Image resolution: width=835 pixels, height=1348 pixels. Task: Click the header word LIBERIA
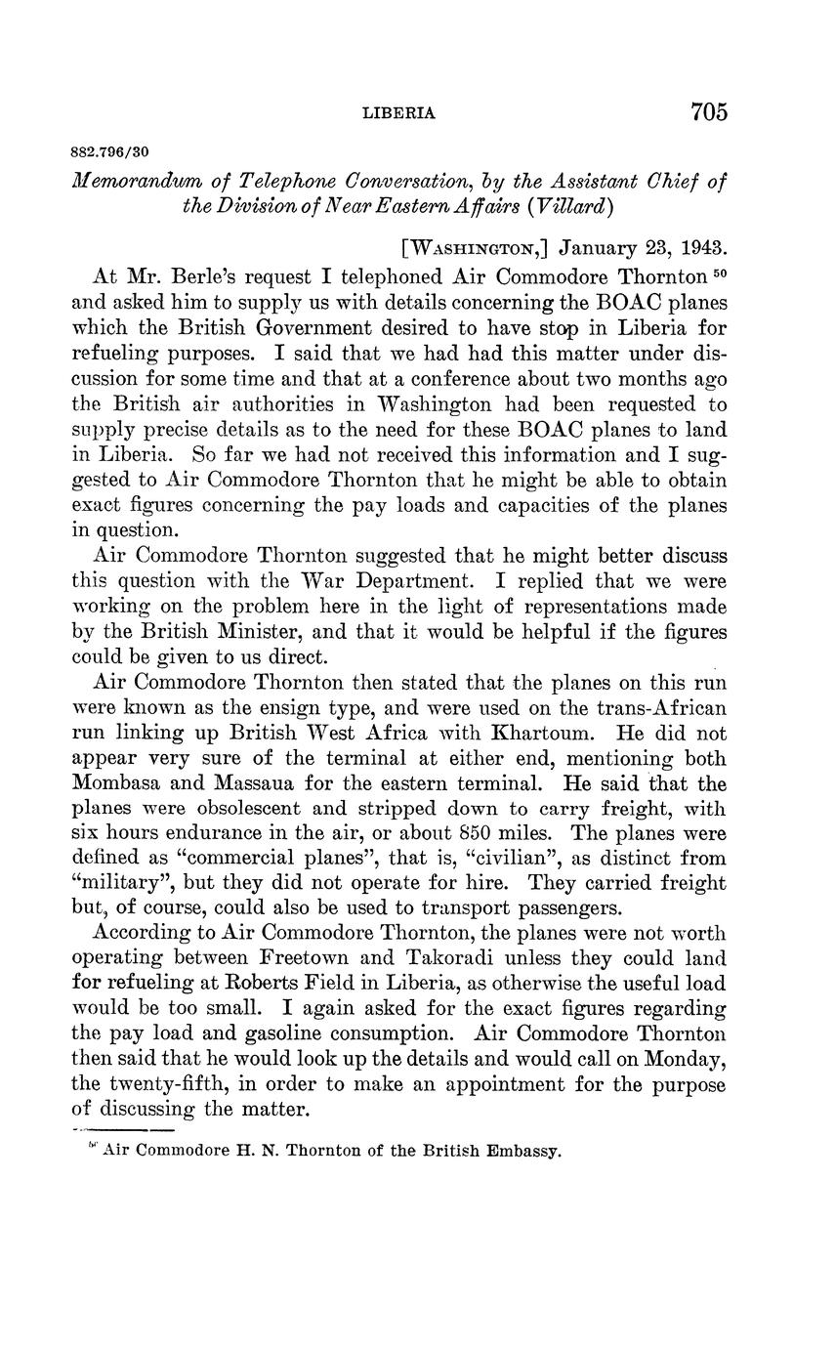398,113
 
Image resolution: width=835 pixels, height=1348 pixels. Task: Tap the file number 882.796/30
110,153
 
